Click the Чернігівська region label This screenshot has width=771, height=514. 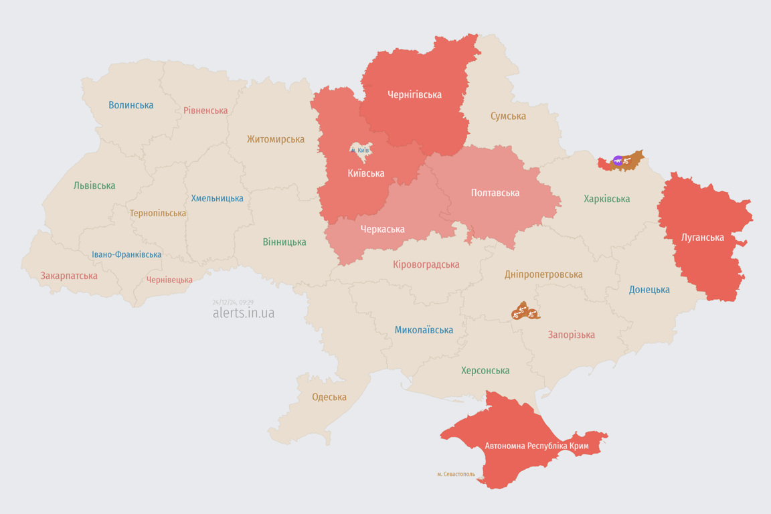point(414,95)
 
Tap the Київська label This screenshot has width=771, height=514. point(366,173)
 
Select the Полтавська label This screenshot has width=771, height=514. point(495,193)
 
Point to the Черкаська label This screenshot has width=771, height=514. point(382,229)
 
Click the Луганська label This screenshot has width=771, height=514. point(702,237)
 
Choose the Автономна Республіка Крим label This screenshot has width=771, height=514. point(527,446)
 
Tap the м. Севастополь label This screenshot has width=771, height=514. point(456,475)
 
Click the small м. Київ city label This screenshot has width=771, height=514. point(359,151)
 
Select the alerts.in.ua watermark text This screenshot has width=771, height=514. point(243,313)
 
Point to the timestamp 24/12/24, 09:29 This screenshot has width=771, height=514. point(233,303)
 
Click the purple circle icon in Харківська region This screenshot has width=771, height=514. point(618,161)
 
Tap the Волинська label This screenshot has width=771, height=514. point(131,105)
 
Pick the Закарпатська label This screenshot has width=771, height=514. point(69,276)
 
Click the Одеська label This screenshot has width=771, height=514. point(329,397)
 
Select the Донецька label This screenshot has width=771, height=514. point(649,290)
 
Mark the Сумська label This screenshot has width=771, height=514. point(508,116)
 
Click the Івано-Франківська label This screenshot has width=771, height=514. point(126,255)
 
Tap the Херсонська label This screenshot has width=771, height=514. point(485,370)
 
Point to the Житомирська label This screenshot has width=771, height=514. point(275,139)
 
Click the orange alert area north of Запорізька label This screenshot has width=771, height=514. point(525,311)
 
